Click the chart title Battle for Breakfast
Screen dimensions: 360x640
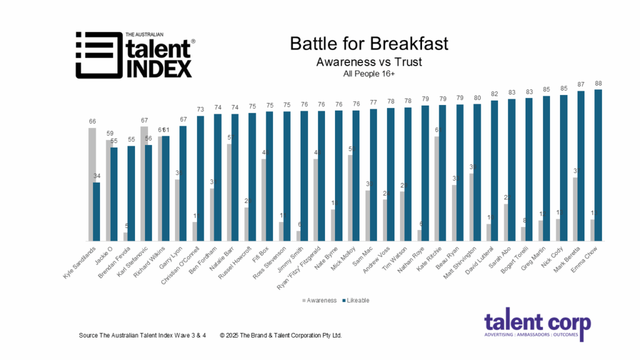click(x=369, y=44)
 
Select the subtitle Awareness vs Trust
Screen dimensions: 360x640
click(x=369, y=62)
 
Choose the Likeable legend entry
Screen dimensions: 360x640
click(x=357, y=300)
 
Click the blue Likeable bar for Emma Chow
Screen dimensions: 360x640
click(x=599, y=166)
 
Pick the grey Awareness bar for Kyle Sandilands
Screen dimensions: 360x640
click(x=92, y=184)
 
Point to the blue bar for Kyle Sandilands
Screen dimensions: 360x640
click(x=97, y=211)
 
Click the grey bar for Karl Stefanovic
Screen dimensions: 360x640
click(x=144, y=184)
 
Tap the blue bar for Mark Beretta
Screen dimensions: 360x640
click(x=581, y=166)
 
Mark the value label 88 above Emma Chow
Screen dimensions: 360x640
click(x=599, y=83)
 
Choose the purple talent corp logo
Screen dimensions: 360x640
click(x=537, y=327)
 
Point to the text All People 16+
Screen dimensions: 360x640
click(x=369, y=74)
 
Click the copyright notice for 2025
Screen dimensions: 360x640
click(x=281, y=336)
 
